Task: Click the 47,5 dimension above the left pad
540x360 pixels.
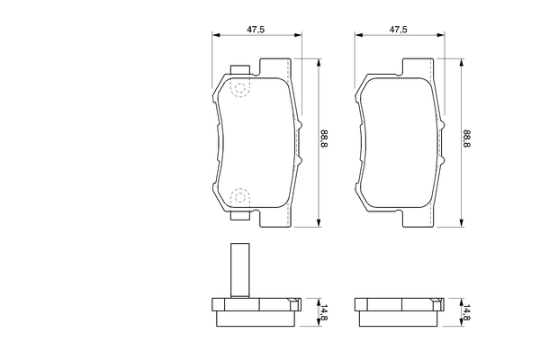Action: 256,30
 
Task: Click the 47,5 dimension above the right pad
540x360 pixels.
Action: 398,30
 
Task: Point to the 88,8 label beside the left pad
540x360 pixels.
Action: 324,138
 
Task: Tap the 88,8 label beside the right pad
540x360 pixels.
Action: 466,138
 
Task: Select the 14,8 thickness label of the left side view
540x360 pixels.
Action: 324,312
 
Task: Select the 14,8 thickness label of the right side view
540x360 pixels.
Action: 466,312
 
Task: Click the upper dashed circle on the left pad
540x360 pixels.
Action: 240,88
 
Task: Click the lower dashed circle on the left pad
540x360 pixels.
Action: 240,197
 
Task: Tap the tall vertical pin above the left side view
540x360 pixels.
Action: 239,271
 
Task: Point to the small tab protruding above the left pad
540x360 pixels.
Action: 239,69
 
